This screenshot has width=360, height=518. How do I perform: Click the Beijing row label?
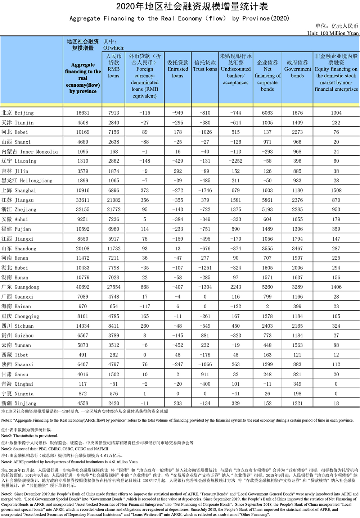tap(18, 113)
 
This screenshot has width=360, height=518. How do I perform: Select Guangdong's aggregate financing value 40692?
tap(83, 287)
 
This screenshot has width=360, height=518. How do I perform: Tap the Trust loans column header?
tap(205, 66)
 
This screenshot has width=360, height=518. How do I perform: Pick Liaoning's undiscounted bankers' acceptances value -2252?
tap(235, 161)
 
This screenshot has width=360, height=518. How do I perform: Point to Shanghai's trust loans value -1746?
tap(205, 190)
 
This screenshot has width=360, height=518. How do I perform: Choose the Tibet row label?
tap(15, 355)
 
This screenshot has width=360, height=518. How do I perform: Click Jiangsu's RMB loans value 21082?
tap(114, 200)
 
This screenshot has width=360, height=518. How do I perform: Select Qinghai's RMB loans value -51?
tap(114, 384)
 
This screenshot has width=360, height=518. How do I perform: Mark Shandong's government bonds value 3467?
tap(297, 249)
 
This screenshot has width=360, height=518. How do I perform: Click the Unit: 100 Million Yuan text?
tap(333, 33)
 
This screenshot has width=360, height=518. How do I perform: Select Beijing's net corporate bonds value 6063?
tap(267, 113)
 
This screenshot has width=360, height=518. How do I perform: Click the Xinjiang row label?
tap(19, 403)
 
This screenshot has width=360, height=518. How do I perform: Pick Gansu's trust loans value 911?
tap(205, 374)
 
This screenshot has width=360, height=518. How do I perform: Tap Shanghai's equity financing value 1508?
tap(336, 190)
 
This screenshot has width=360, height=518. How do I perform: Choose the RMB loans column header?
tap(113, 66)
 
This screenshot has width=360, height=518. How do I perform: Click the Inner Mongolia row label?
tap(30, 152)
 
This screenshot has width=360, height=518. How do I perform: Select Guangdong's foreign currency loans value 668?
tap(145, 287)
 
